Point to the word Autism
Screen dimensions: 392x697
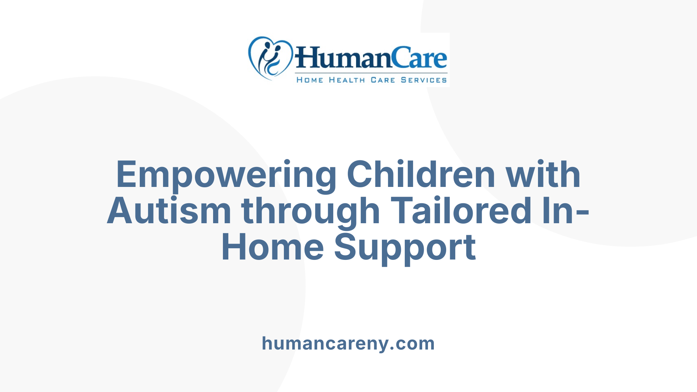169,211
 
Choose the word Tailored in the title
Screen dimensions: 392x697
461,211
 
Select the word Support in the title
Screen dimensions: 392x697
405,248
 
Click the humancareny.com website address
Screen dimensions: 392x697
348,343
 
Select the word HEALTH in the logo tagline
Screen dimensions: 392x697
347,80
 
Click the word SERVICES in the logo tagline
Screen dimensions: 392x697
424,80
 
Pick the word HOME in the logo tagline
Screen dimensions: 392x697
310,80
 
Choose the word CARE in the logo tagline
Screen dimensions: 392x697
383,80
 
